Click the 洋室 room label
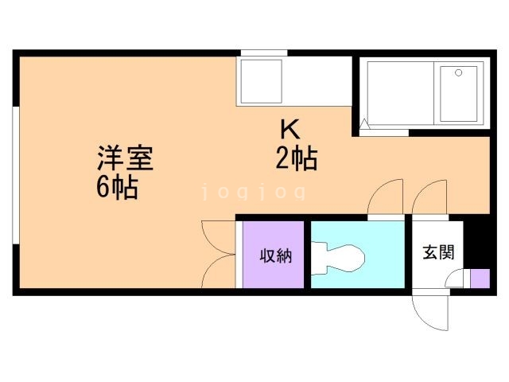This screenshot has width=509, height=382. tap(125, 156)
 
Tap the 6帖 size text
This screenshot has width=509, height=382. tap(115, 188)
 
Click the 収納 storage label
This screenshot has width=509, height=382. tap(274, 255)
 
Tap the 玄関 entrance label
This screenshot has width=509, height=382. tap(438, 252)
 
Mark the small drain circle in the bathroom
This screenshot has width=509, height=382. tap(458, 73)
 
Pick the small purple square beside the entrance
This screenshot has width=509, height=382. tap(480, 279)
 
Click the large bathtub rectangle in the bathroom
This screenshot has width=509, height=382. tap(398, 94)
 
